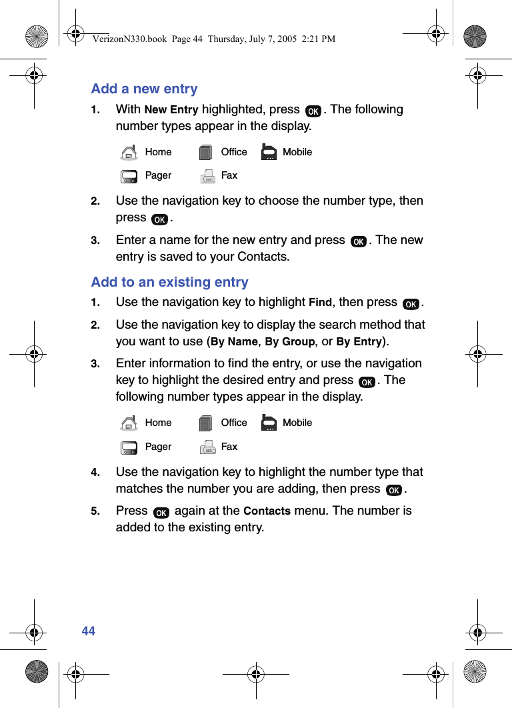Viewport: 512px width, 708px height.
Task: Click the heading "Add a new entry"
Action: (x=144, y=89)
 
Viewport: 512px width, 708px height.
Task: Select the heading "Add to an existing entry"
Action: (x=169, y=282)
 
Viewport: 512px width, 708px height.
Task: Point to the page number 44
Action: (x=89, y=631)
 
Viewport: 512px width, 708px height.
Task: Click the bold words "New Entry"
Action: (x=171, y=110)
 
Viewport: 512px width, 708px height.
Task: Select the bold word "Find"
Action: (x=320, y=303)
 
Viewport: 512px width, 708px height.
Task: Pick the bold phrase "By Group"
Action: (x=290, y=342)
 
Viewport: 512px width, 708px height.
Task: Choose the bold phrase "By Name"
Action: (x=234, y=342)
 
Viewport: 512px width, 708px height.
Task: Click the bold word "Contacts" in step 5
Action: (x=267, y=511)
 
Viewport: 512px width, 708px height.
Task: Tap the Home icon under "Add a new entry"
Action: (x=129, y=153)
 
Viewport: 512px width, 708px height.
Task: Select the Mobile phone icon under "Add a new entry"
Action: (x=269, y=153)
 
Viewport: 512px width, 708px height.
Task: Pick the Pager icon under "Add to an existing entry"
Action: (x=129, y=447)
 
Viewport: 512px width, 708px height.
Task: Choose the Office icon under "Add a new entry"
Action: (x=207, y=153)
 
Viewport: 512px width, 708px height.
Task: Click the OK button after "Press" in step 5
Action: (x=161, y=512)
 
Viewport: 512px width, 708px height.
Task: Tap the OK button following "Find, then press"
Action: (x=411, y=304)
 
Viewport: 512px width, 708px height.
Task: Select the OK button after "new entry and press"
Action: (x=358, y=241)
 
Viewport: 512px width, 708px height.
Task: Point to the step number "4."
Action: (x=96, y=473)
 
